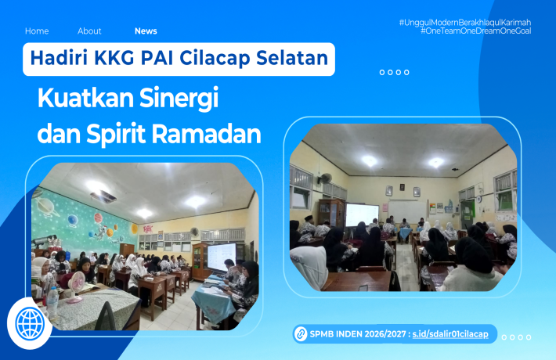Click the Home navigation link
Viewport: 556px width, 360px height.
(x=37, y=31)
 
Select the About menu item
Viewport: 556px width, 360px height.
(x=89, y=31)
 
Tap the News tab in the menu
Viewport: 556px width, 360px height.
(x=146, y=31)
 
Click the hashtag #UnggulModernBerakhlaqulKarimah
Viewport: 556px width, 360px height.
(x=464, y=22)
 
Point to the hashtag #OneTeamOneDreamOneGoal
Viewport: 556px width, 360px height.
(x=475, y=31)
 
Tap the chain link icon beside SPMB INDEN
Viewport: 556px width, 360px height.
(x=298, y=334)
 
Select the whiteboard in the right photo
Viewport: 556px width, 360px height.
(x=403, y=211)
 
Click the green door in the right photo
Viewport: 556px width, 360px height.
(x=468, y=214)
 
